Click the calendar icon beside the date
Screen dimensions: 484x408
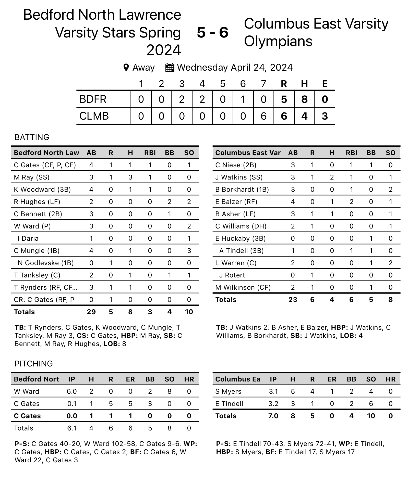pos(170,68)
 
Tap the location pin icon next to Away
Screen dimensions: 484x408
pos(126,68)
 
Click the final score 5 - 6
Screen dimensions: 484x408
pos(212,33)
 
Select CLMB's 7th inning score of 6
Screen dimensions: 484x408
pos(263,116)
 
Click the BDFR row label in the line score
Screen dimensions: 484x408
pos(93,99)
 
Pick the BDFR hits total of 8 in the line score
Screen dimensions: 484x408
pos(304,99)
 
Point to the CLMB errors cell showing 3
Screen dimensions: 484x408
pos(325,116)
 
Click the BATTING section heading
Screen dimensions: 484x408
pos(32,137)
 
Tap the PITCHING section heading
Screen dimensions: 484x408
pos(34,364)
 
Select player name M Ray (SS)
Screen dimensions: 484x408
pos(32,177)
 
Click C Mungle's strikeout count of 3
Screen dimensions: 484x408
pos(189,251)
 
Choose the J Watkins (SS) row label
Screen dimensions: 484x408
pos(239,177)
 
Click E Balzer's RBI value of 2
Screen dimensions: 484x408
pos(351,202)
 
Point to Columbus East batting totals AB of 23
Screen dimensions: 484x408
pos(293,300)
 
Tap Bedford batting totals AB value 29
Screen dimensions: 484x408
pos(91,312)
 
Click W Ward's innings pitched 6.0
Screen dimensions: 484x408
pos(72,391)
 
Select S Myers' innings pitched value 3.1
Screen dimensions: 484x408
pos(273,391)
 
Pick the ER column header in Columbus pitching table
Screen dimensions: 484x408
pos(332,379)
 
